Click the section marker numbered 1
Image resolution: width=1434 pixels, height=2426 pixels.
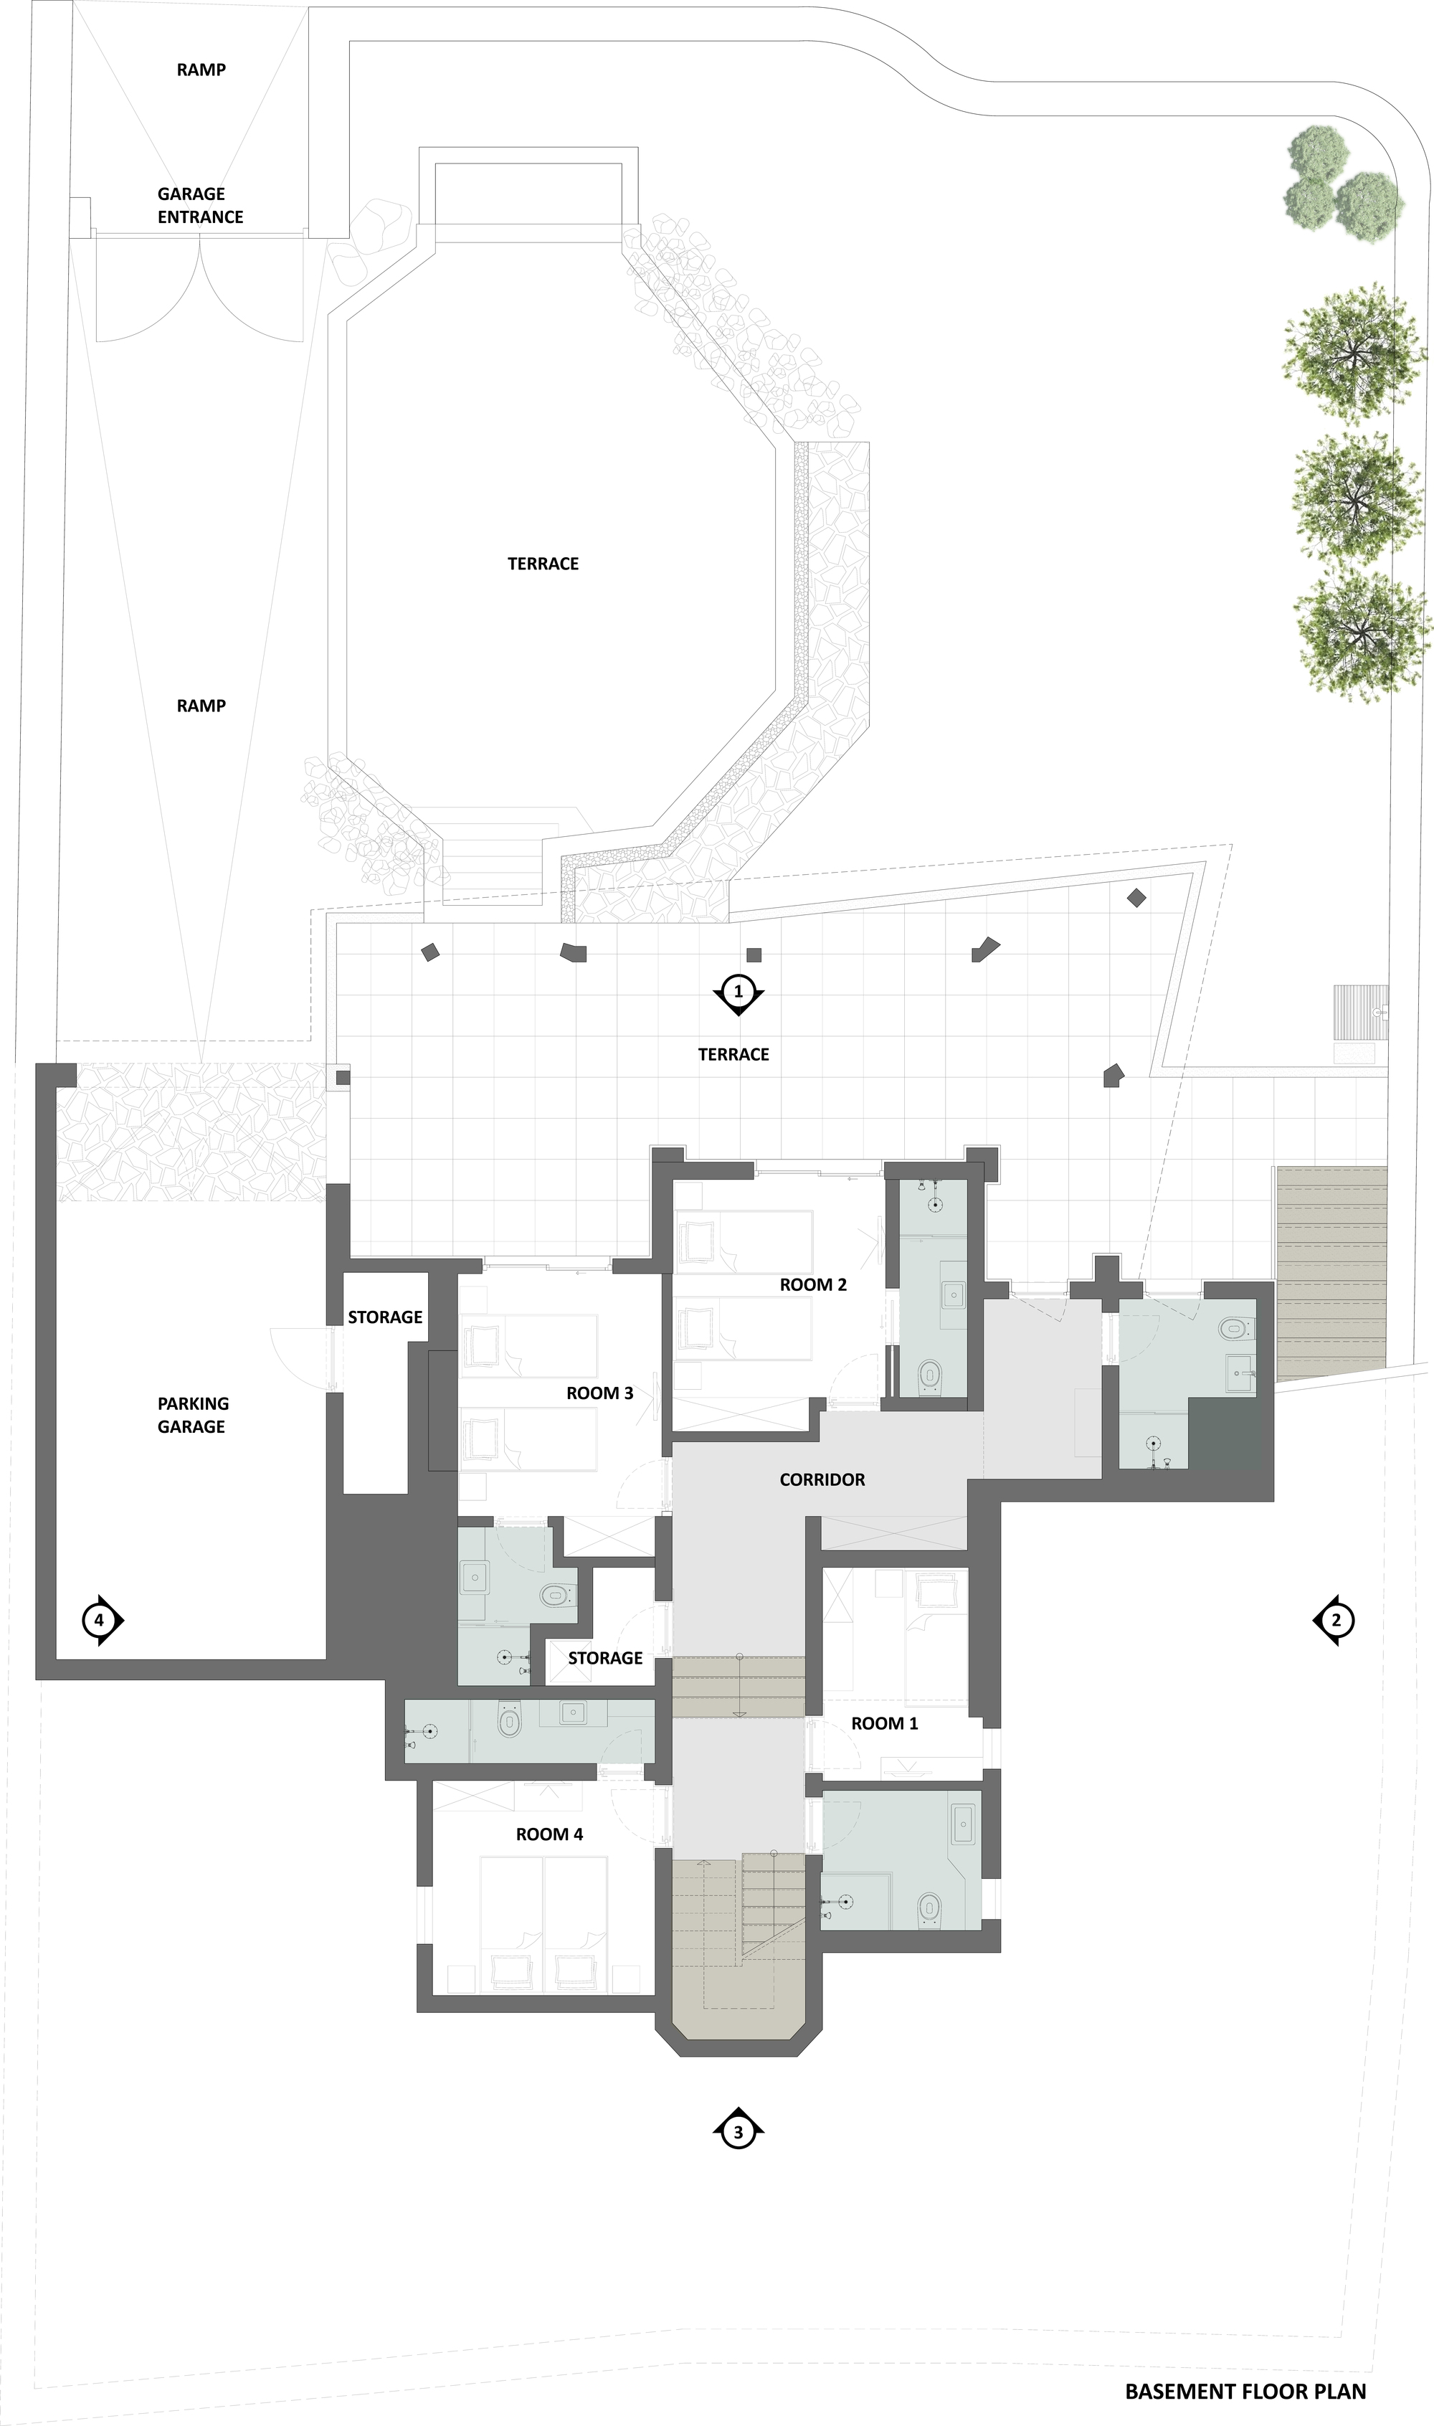tap(739, 991)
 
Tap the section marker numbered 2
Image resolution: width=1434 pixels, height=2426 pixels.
tap(1336, 1619)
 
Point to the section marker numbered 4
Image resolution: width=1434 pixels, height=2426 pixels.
tap(100, 1619)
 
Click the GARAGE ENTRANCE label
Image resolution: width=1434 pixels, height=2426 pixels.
tap(200, 205)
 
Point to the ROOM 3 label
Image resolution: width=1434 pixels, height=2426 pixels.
tap(599, 1392)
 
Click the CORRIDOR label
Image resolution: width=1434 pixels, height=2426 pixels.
tap(822, 1479)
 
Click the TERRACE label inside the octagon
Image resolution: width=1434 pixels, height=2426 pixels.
tap(542, 563)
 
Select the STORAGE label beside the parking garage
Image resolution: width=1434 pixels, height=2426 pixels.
tap(384, 1317)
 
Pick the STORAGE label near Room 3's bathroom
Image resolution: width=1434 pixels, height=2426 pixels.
tap(605, 1658)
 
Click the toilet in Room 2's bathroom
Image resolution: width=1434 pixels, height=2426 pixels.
tap(929, 1373)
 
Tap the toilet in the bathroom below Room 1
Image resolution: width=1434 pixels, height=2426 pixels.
tap(929, 1906)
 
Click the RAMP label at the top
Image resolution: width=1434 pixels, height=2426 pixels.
tap(201, 70)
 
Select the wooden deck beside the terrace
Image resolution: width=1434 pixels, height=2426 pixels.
tap(1331, 1271)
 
